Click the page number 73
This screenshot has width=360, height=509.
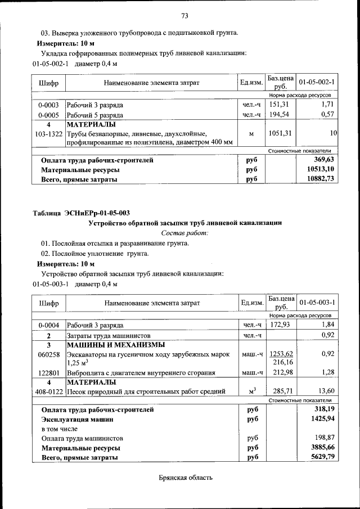pyautogui.click(x=184, y=15)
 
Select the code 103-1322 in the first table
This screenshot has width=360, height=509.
pyautogui.click(x=49, y=134)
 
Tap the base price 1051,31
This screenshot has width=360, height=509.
pyautogui.click(x=280, y=133)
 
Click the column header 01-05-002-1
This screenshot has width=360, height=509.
pyautogui.click(x=317, y=83)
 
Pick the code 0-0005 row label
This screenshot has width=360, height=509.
pyautogui.click(x=49, y=115)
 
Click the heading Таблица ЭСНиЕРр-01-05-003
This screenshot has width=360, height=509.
pyautogui.click(x=82, y=213)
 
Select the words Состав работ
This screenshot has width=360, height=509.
pyautogui.click(x=184, y=232)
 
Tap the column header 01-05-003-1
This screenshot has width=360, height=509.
pyautogui.click(x=317, y=303)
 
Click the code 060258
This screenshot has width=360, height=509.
pyautogui.click(x=49, y=354)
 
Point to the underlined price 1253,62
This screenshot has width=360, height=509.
pyautogui.click(x=281, y=354)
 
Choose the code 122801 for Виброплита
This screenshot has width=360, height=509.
pyautogui.click(x=49, y=372)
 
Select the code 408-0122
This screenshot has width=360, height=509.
pyautogui.click(x=49, y=391)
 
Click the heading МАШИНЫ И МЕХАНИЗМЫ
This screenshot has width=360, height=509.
pyautogui.click(x=115, y=344)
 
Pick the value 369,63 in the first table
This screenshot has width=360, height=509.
pyautogui.click(x=322, y=160)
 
